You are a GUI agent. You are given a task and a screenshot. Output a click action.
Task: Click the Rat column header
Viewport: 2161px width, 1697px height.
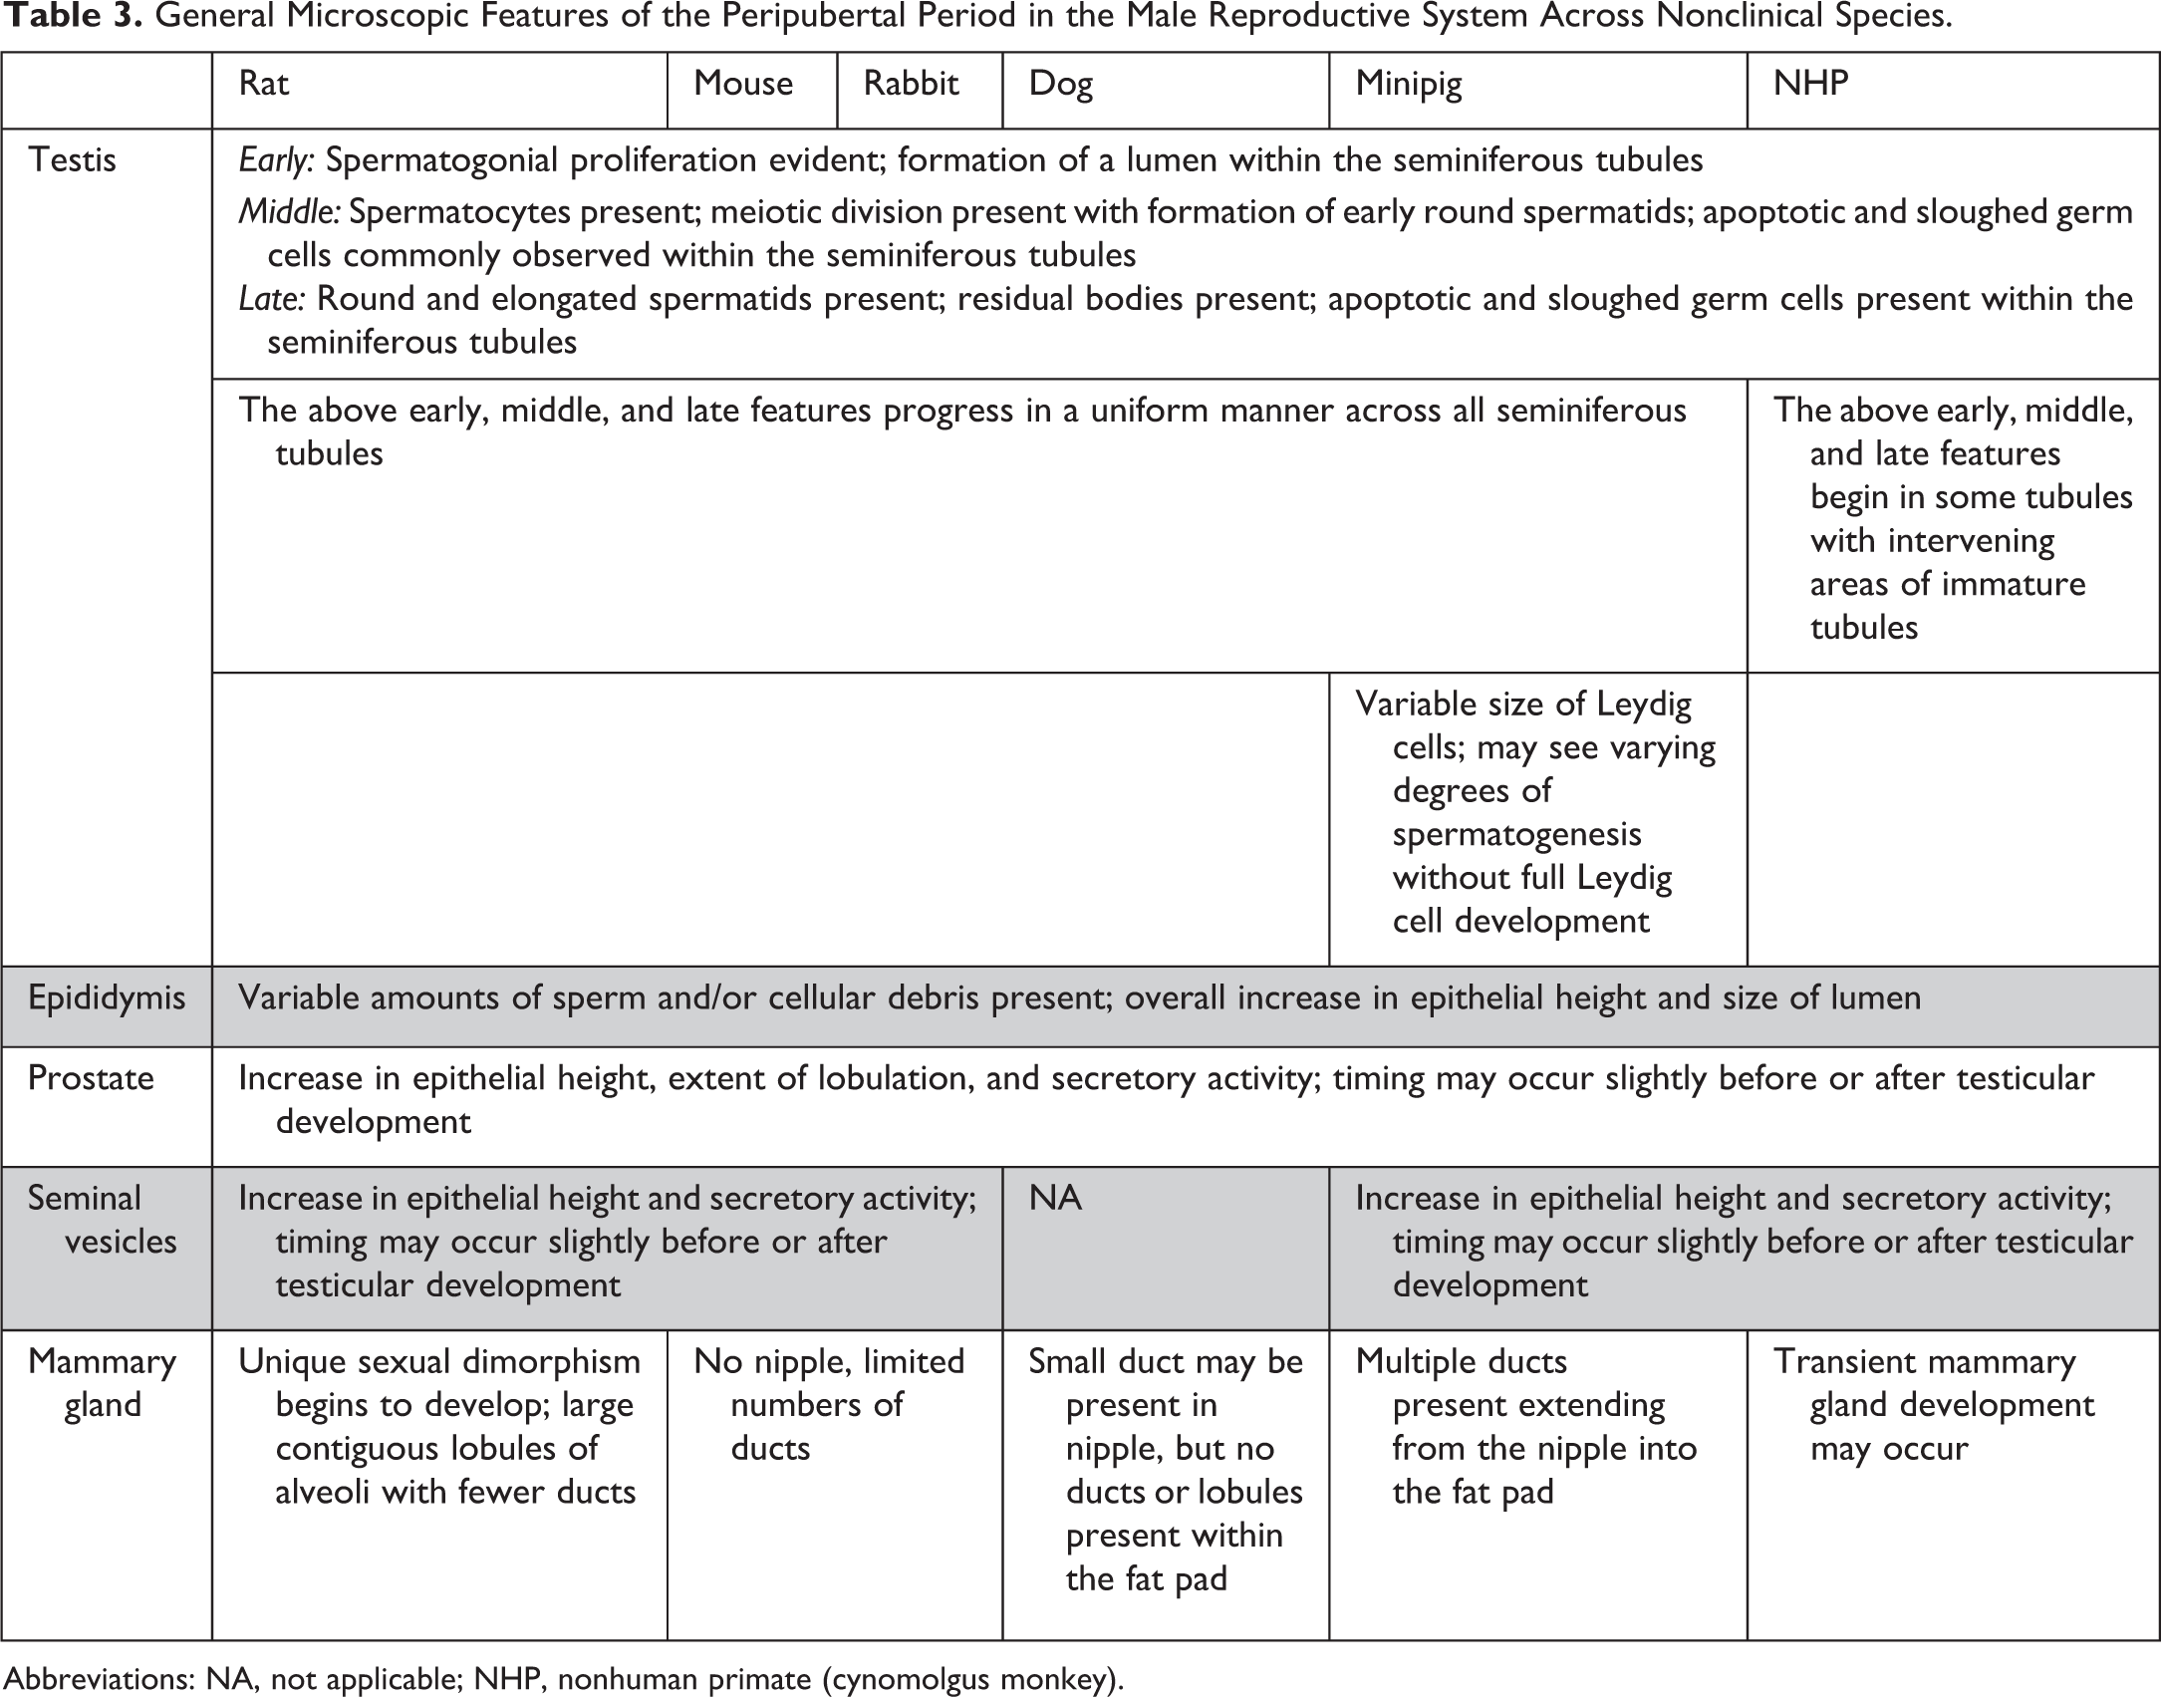point(264,84)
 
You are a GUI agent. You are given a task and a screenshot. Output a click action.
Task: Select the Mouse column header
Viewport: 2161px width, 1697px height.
point(743,84)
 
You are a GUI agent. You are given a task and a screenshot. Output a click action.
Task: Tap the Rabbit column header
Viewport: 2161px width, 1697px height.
point(911,84)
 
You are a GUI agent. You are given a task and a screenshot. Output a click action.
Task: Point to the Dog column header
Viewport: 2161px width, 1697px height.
point(1060,84)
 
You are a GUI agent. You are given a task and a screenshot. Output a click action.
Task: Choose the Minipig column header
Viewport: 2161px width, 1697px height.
point(1409,85)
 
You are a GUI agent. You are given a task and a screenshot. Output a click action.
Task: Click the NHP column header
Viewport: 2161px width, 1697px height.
point(1810,84)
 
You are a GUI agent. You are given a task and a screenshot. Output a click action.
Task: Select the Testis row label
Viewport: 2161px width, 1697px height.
point(72,160)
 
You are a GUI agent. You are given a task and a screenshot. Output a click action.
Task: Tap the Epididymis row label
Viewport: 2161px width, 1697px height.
point(107,998)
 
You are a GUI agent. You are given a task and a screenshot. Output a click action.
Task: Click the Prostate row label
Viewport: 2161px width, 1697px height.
point(91,1078)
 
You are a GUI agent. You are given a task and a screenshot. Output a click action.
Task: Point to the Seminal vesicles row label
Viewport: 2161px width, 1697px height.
point(102,1220)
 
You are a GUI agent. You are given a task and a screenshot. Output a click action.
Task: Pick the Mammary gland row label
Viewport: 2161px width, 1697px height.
point(102,1383)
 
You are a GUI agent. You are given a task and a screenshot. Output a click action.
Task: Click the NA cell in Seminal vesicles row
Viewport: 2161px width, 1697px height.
point(1055,1198)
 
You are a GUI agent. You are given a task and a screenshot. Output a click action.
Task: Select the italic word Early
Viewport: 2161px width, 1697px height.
point(276,160)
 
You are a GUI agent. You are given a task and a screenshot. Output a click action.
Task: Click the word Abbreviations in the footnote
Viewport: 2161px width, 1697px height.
point(99,1679)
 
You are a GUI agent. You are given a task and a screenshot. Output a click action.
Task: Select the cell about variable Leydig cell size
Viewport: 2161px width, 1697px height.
point(1534,812)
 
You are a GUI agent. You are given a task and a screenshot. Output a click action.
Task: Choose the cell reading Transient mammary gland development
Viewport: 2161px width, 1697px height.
point(1933,1404)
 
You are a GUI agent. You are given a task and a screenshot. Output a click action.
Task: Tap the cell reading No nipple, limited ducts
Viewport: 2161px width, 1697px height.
point(829,1404)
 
